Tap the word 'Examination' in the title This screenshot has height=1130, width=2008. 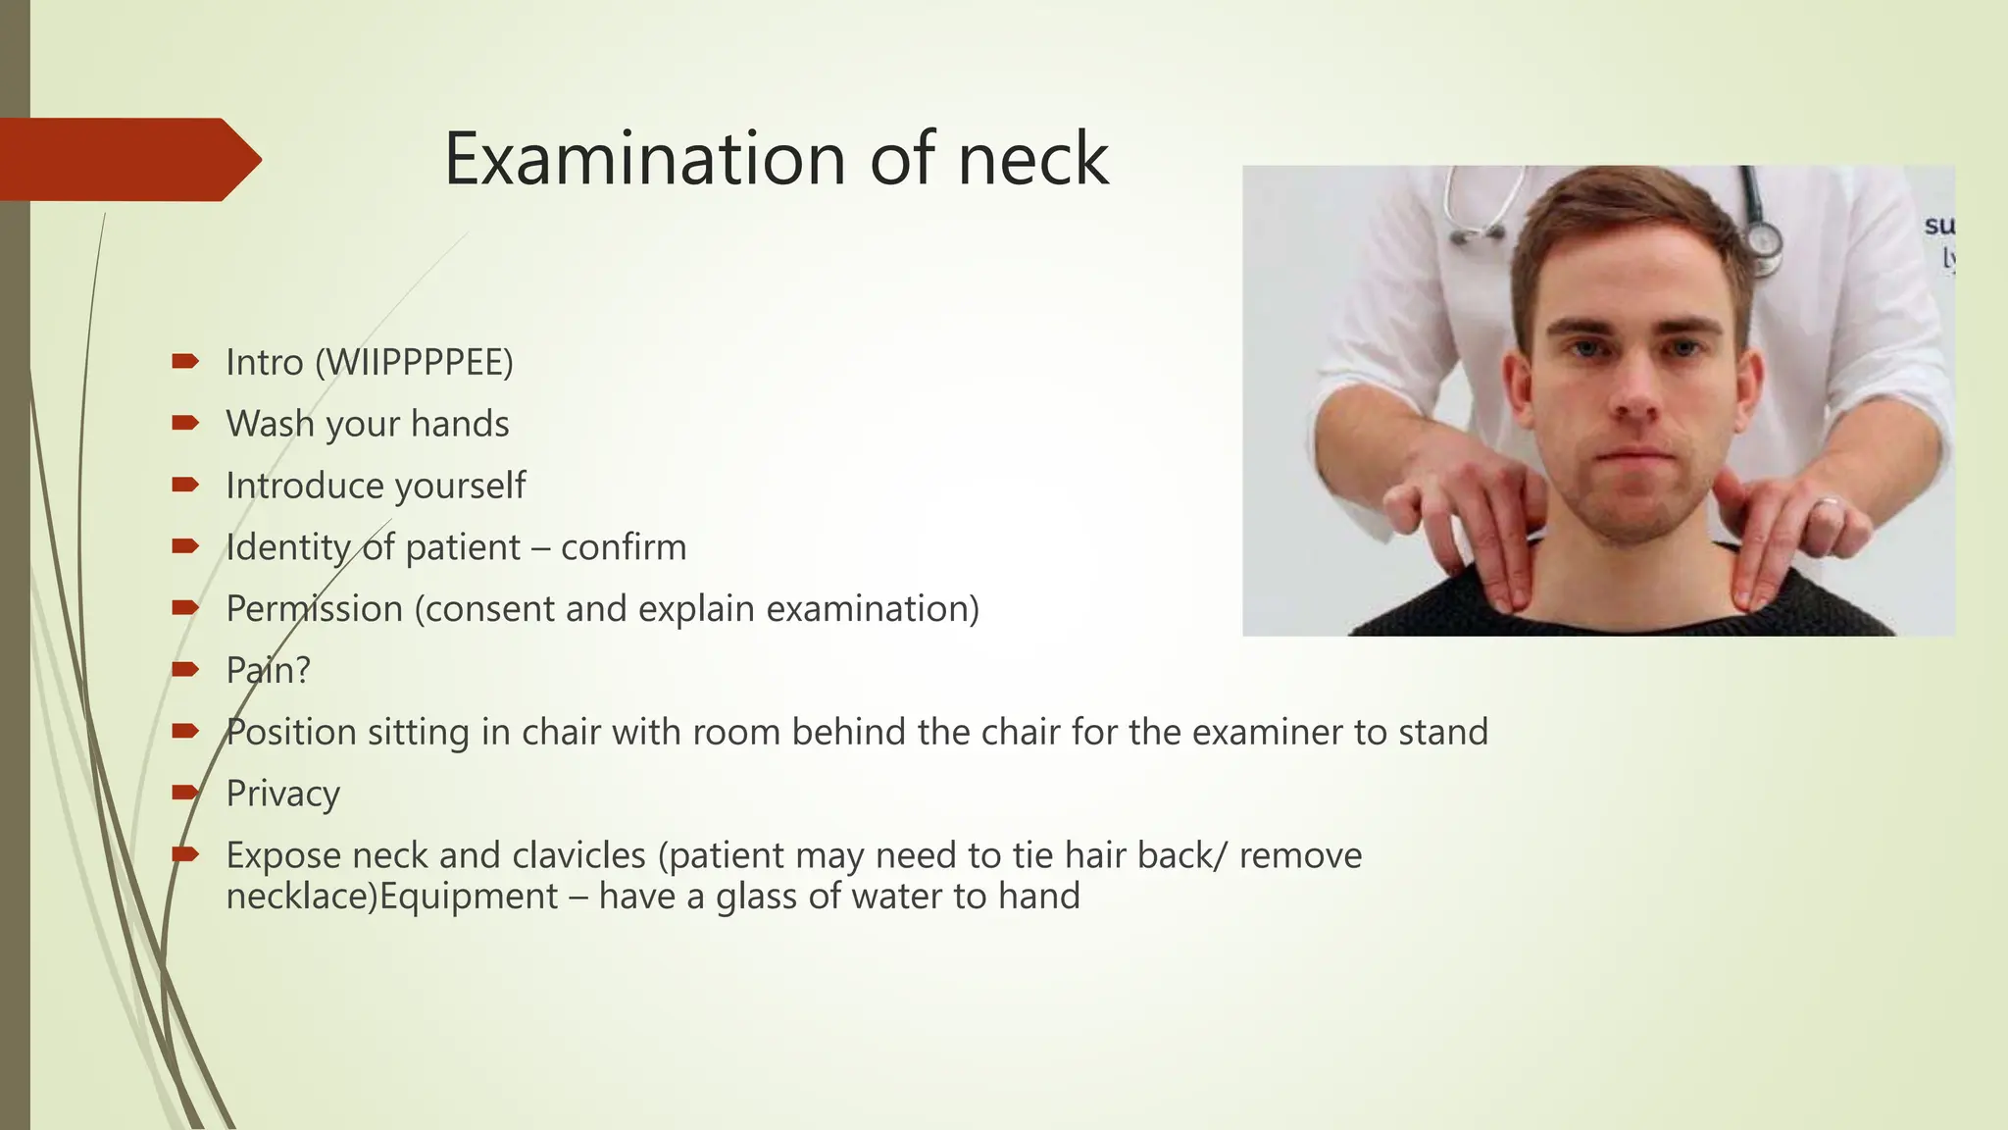point(644,159)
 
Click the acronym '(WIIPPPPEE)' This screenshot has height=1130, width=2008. point(414,362)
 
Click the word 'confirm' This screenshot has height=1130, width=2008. point(624,547)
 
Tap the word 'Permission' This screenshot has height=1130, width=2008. point(314,609)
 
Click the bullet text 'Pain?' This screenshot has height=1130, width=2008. point(268,671)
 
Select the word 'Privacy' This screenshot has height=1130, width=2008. point(282,794)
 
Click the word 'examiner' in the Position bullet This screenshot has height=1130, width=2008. point(1265,732)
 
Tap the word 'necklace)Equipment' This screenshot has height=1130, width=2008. point(391,896)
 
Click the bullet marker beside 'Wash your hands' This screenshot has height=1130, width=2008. point(185,423)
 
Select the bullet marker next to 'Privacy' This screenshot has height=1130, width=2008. point(185,793)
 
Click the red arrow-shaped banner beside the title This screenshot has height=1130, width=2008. point(127,159)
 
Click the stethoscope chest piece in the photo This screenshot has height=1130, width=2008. point(1763,239)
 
